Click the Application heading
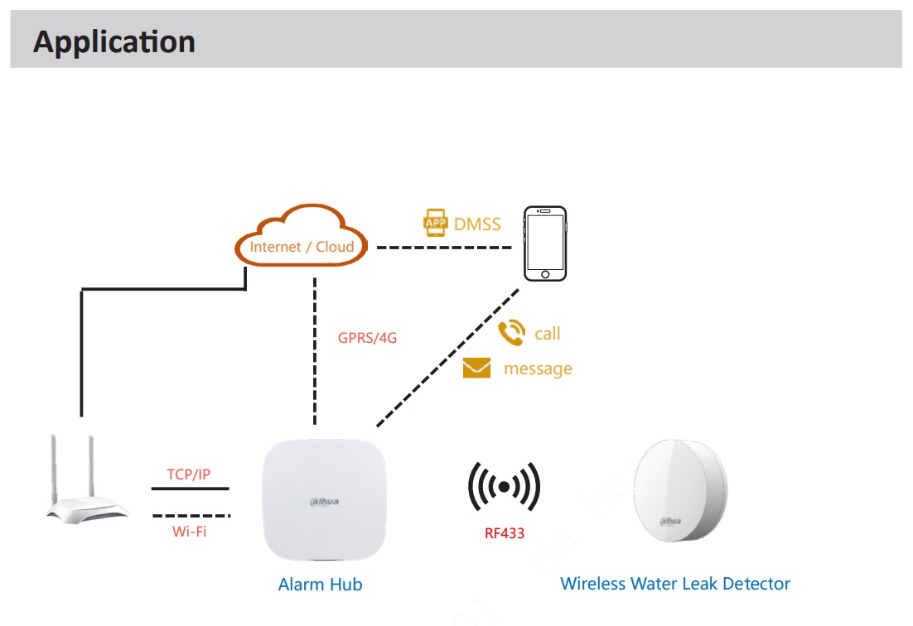(x=114, y=42)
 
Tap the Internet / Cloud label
(x=302, y=247)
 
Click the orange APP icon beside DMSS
(x=435, y=223)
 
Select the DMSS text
(x=477, y=224)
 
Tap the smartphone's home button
(x=545, y=274)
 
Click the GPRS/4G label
(x=367, y=338)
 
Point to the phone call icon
(x=512, y=332)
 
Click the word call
(x=548, y=334)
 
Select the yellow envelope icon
(x=476, y=368)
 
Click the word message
(x=538, y=368)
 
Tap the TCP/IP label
(x=189, y=474)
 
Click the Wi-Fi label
(x=189, y=531)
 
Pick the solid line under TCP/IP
(x=190, y=489)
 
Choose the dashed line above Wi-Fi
(x=191, y=516)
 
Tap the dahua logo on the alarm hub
(x=324, y=502)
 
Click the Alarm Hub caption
(x=321, y=584)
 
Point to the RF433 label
(x=505, y=533)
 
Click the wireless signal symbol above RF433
(x=505, y=487)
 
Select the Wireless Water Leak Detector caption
(x=675, y=584)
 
